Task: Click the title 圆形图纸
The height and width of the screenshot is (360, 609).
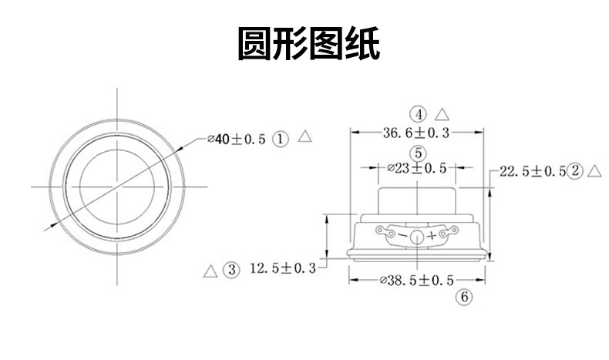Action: click(308, 45)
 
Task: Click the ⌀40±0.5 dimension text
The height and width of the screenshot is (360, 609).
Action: click(237, 139)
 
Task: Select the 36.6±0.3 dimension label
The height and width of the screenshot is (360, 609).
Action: click(416, 133)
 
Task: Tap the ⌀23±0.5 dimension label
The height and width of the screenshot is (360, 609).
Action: click(416, 168)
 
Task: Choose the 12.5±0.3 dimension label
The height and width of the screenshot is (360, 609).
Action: click(284, 268)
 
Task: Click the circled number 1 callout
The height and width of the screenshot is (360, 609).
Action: click(281, 139)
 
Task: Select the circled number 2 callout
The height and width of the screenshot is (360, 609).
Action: click(574, 171)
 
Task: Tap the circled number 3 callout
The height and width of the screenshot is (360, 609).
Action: click(230, 269)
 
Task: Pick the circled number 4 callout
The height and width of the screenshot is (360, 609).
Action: click(418, 114)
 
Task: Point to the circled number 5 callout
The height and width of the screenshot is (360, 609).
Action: click(417, 152)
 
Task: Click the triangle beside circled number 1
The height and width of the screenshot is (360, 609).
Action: click(304, 137)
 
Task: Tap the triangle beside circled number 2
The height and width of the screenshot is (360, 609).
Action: click(594, 170)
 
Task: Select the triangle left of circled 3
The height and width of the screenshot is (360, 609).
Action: click(209, 270)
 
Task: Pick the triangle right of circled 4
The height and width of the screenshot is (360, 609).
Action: click(442, 113)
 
